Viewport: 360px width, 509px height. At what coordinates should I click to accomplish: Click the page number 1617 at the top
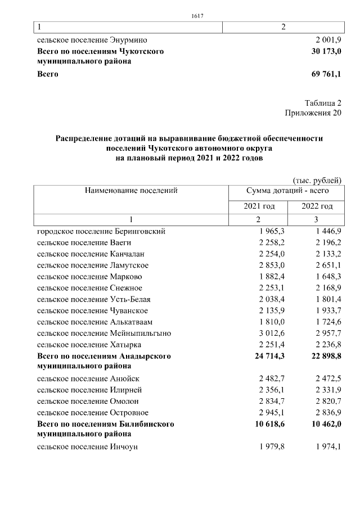[x=196, y=15]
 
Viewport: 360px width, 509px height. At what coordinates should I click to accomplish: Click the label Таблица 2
[x=323, y=103]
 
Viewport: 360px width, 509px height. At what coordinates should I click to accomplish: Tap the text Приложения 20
[x=313, y=112]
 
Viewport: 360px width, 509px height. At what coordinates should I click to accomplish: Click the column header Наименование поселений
[x=131, y=191]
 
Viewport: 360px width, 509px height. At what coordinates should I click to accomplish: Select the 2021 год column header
[x=259, y=206]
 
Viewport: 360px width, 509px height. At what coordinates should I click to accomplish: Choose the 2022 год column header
[x=317, y=206]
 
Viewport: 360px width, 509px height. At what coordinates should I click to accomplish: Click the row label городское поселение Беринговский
[x=101, y=231]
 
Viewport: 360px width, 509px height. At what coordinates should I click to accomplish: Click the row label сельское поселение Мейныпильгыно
[x=104, y=333]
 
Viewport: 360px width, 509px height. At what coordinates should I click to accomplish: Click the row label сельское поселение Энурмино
[x=92, y=40]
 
